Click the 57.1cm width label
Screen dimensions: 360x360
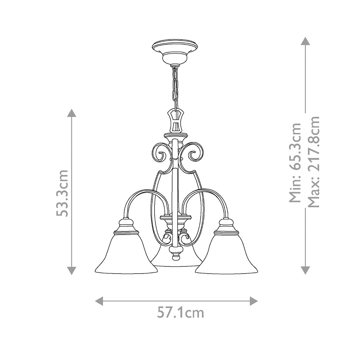[181, 313]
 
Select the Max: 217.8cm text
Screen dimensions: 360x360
[313, 162]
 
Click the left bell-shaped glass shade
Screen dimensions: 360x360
[126, 255]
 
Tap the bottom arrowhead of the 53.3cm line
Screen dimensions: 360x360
[71, 271]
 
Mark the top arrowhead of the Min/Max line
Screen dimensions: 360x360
[305, 41]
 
